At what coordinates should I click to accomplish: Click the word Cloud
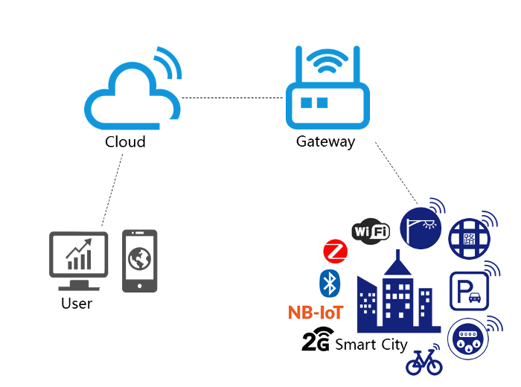point(125,141)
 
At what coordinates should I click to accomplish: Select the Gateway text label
point(325,141)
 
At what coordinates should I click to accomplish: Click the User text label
point(77,304)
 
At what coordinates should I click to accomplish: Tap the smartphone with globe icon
point(139,260)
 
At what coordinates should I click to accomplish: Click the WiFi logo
point(371,232)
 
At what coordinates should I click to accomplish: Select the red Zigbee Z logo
point(336,251)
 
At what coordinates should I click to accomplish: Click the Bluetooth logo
point(329,282)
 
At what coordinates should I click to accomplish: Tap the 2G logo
point(316,342)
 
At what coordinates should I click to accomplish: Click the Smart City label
point(371,345)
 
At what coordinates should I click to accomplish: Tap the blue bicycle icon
point(424,363)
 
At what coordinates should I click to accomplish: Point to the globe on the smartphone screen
point(139,259)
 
